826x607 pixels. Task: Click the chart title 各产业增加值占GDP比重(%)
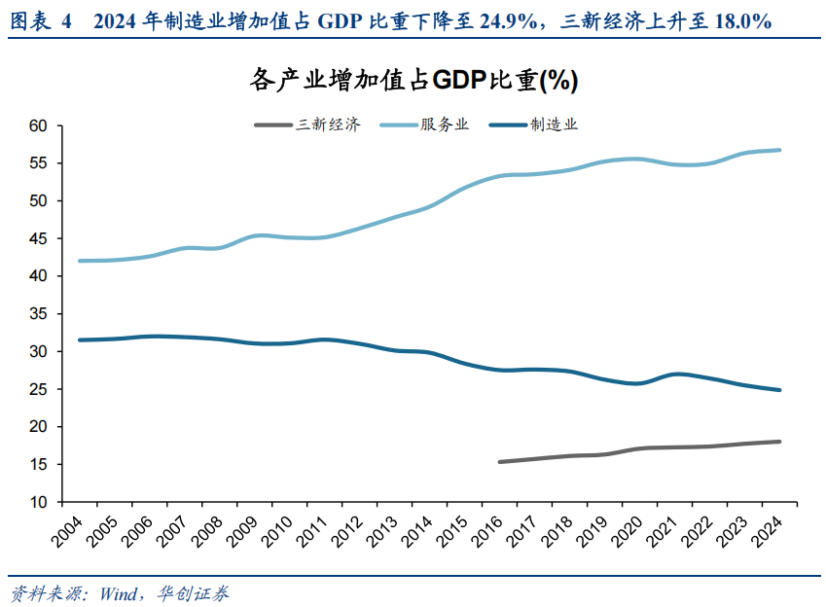413,81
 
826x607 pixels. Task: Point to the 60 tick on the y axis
38,125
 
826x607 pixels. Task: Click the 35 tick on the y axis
38,313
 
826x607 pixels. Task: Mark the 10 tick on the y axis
38,502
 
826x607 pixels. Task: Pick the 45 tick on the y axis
38,238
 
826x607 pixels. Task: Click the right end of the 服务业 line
780,150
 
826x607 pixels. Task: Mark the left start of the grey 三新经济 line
499,462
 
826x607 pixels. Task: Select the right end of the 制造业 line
780,390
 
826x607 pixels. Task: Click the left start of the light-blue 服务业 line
79,261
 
